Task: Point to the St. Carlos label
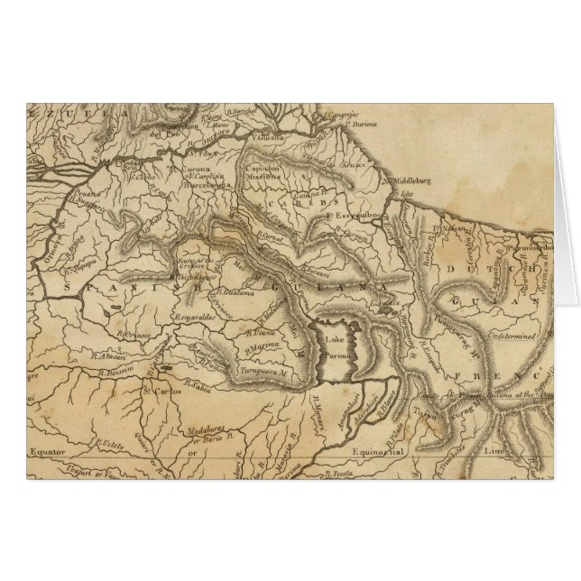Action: pyautogui.click(x=158, y=391)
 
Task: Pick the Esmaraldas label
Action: pyautogui.click(x=196, y=319)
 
